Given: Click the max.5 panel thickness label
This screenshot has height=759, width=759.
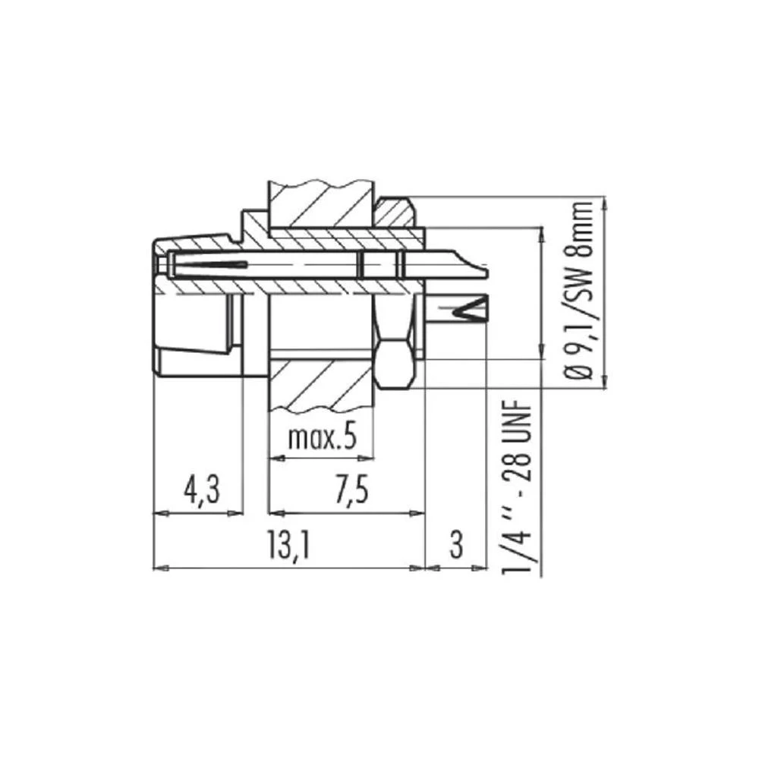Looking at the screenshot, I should click(322, 438).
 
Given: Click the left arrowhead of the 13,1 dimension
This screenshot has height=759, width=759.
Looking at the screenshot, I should click(159, 567).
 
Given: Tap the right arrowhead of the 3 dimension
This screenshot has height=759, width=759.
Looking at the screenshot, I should click(480, 567).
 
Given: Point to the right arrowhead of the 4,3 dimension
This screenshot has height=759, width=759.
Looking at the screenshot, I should click(238, 513).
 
